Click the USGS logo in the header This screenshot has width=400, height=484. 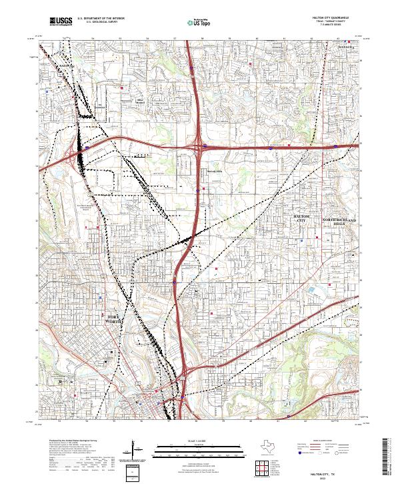61,22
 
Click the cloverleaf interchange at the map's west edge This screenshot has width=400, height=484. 75,158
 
